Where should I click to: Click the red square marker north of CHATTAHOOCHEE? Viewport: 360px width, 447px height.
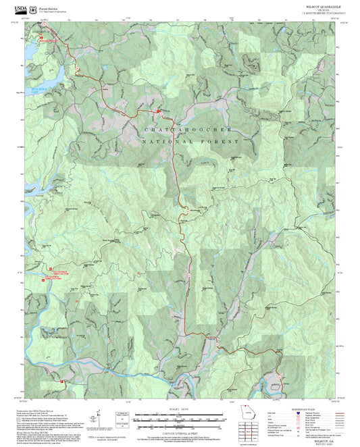[159, 110]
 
